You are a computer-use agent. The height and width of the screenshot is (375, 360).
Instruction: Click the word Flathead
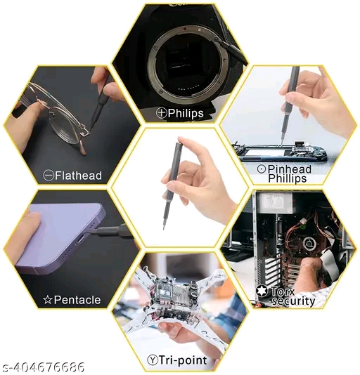78,176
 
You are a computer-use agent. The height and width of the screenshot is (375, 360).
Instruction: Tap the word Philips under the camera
186,113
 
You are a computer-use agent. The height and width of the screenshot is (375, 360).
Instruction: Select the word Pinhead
290,169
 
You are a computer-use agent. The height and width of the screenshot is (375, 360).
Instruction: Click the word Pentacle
77,300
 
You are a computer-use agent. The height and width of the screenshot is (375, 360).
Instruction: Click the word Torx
283,291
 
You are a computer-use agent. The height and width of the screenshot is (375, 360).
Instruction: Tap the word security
293,301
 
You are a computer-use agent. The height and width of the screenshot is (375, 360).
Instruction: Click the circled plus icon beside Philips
162,112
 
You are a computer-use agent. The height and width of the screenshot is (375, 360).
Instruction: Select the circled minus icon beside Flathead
49,176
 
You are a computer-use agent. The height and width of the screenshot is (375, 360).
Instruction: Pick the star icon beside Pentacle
48,300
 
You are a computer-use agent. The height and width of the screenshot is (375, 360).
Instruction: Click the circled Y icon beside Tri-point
153,360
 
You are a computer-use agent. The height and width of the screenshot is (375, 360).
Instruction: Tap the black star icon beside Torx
262,291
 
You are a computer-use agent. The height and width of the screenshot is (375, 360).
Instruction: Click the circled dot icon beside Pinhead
262,169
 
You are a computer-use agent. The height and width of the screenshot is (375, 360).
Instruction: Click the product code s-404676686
43,367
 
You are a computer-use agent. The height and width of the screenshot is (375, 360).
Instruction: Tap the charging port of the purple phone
80,239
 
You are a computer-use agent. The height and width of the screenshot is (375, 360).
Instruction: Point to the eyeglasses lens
64,126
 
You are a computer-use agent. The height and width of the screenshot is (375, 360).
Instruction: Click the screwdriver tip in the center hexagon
164,228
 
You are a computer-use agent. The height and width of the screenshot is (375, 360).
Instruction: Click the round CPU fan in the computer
309,244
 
